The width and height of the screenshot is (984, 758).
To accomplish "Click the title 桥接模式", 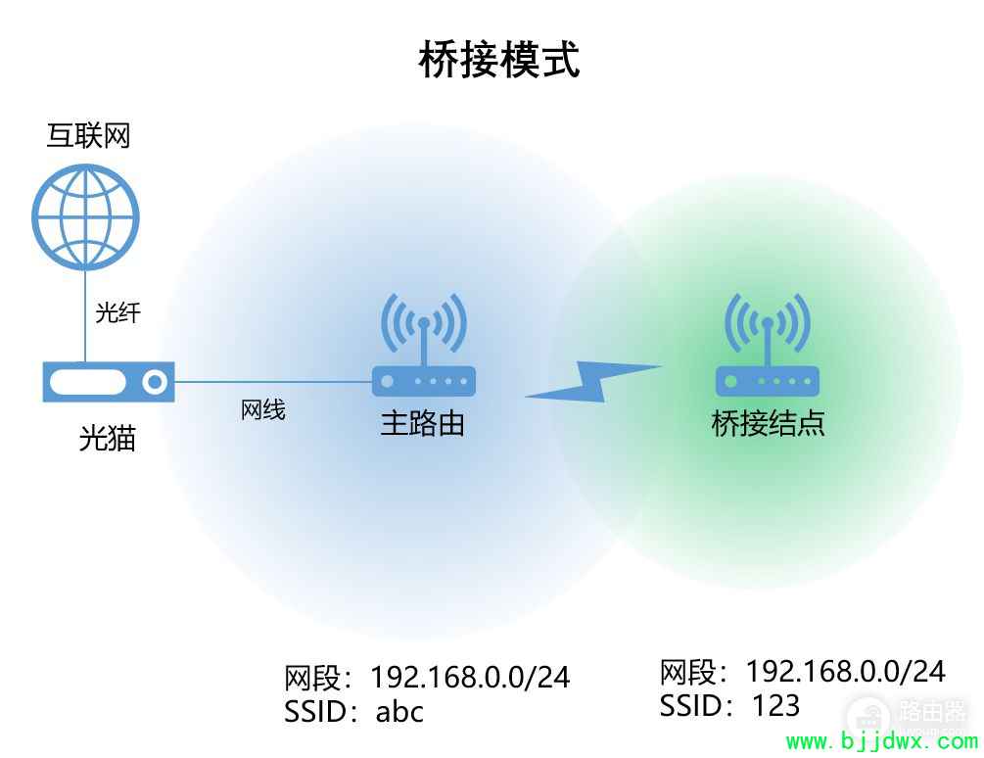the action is [x=499, y=60].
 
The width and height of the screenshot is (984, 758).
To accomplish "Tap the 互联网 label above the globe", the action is [x=88, y=135].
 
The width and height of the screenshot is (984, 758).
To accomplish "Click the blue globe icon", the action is [x=85, y=216].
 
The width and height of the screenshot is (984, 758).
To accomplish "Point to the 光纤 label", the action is [x=117, y=311].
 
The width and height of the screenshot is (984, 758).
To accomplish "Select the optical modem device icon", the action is [x=109, y=382].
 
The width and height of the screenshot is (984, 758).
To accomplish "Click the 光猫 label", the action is [x=108, y=438].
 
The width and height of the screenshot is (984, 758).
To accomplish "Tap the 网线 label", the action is [x=263, y=409].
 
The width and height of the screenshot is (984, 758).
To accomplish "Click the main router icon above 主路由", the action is [x=424, y=345].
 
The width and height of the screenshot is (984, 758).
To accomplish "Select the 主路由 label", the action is [x=422, y=422].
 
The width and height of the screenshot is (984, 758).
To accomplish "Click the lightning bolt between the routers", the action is [x=593, y=382].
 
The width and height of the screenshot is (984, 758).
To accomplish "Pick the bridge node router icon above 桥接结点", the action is [x=767, y=345].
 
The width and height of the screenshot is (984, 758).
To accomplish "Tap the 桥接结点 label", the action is [x=768, y=423].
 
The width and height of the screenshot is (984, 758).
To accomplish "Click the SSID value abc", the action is [x=399, y=712].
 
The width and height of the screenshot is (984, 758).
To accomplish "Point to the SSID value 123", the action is [x=775, y=705].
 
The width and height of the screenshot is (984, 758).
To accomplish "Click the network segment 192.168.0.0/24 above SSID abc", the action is [x=470, y=677].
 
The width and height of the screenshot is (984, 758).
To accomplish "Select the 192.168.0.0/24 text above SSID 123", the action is [x=845, y=672].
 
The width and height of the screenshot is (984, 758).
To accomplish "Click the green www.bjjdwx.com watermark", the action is [x=882, y=741].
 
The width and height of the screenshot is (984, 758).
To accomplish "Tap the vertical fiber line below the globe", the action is [x=85, y=316].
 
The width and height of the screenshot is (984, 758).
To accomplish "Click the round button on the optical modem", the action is [x=154, y=382].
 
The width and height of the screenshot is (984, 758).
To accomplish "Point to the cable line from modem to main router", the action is [x=273, y=382].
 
